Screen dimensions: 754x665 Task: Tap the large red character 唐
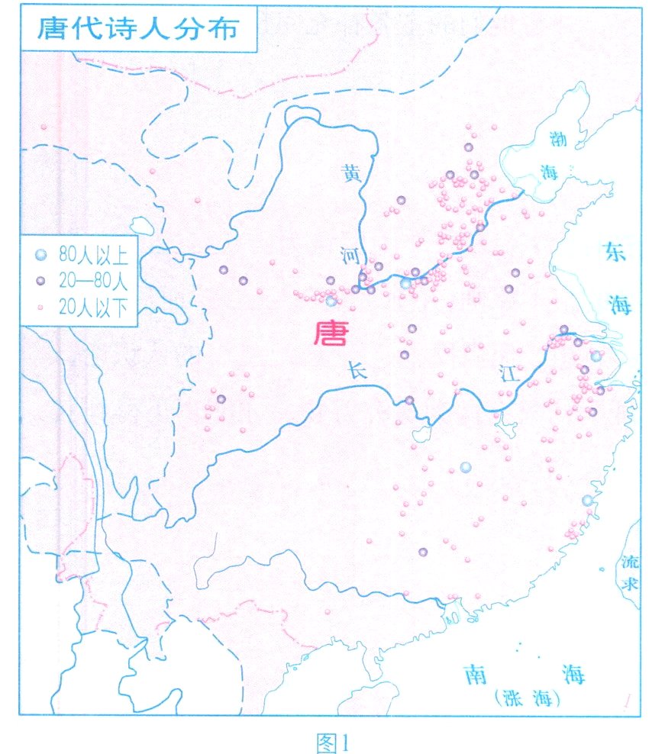point(331,333)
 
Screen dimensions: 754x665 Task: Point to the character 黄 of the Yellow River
point(350,175)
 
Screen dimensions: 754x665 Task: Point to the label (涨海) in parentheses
point(528,698)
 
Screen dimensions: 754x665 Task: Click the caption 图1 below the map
point(331,741)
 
